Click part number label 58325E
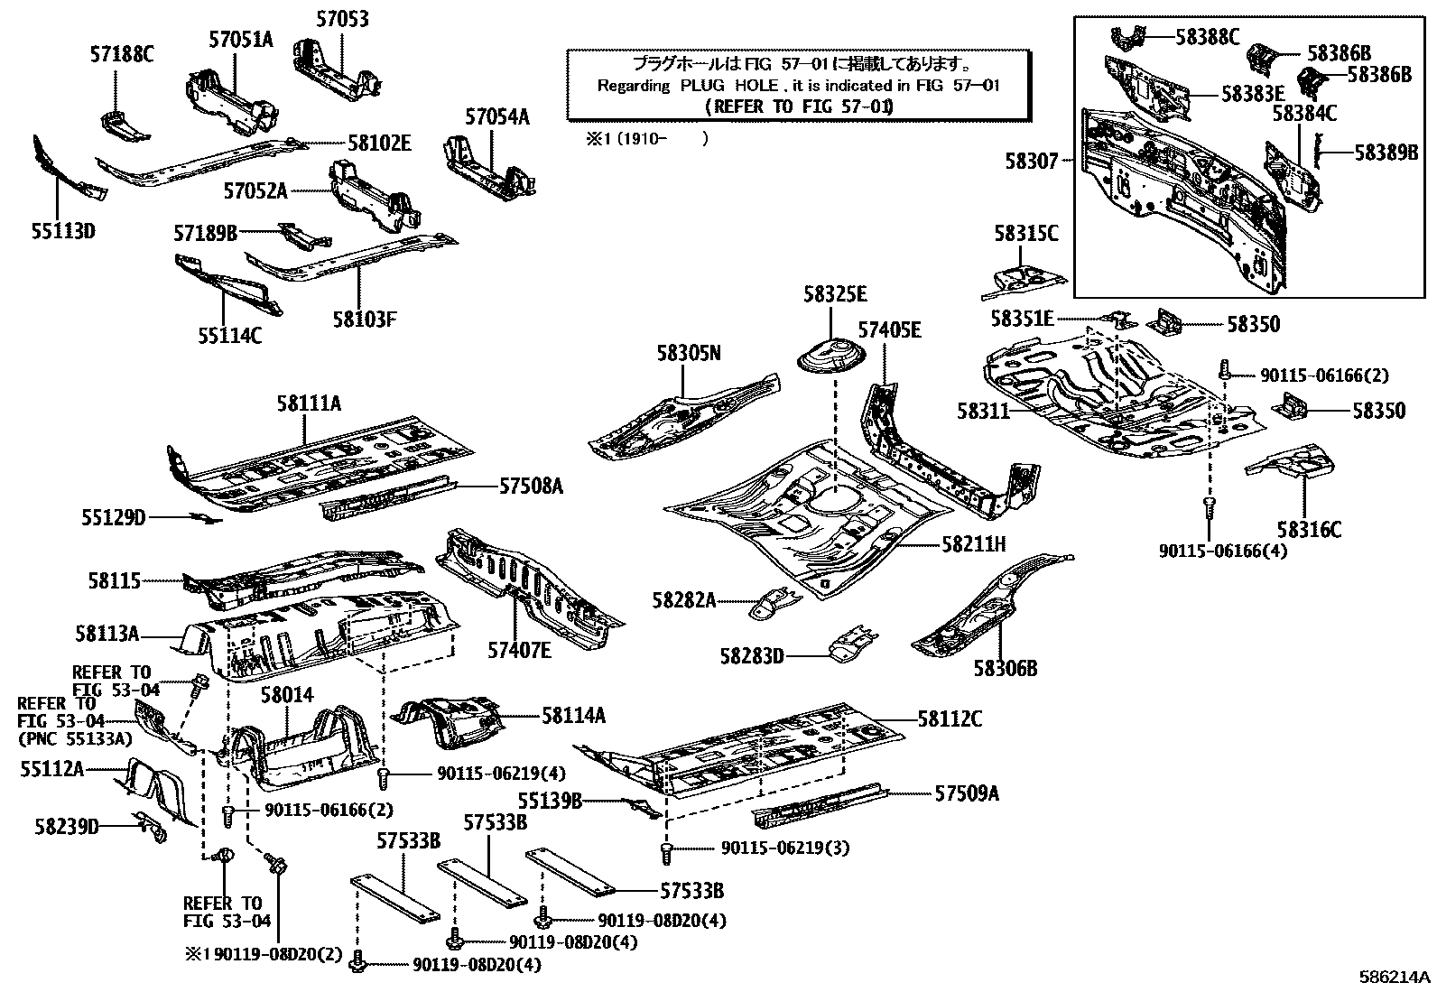point(835,294)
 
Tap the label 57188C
point(121,55)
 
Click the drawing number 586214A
point(1395,978)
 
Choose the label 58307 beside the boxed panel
point(1032,161)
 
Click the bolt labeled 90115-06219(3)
point(667,849)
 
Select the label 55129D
point(113,518)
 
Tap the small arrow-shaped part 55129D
point(206,518)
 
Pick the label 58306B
point(1005,669)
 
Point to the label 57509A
point(967,793)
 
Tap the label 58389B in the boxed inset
point(1386,153)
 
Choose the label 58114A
point(573,716)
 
